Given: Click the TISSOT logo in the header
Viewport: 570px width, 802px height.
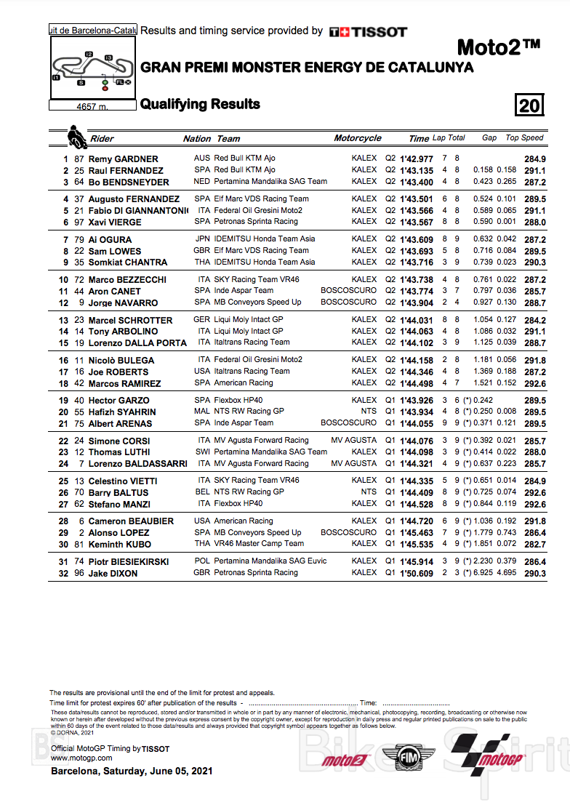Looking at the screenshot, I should (x=368, y=32).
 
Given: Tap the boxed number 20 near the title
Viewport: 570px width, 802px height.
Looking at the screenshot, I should (x=529, y=105).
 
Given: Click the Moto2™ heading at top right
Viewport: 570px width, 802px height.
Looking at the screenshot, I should (x=498, y=48).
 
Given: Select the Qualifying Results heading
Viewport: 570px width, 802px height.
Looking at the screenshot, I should (x=200, y=104).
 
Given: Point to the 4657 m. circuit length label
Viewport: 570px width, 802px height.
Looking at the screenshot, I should (x=92, y=106).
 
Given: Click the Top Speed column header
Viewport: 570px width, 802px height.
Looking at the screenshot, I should (x=525, y=137).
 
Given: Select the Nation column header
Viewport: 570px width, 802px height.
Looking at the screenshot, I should (x=197, y=138).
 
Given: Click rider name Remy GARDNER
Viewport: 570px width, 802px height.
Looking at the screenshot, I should (x=123, y=159).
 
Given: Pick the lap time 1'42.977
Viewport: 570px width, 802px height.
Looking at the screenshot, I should (x=417, y=159).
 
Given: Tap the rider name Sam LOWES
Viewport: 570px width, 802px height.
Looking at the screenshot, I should (x=115, y=251).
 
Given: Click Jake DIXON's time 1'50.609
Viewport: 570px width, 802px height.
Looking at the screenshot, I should (x=417, y=573).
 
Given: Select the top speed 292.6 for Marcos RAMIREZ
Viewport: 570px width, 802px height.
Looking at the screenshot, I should (x=534, y=383).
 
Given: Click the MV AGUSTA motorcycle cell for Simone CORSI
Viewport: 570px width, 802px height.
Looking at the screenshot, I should (x=354, y=441).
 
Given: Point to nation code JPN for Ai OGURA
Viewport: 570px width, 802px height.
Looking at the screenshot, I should (x=202, y=239).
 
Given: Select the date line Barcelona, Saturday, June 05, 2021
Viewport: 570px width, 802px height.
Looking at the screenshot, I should (x=132, y=771).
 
